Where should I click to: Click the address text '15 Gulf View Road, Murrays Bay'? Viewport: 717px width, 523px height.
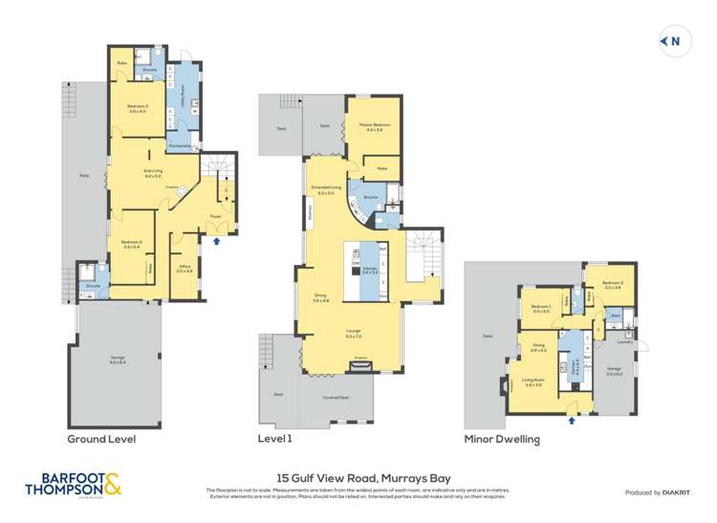[x=358, y=477]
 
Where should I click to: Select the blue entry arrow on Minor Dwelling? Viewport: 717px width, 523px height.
[x=572, y=418]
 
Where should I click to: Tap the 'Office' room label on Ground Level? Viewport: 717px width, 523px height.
[x=185, y=269]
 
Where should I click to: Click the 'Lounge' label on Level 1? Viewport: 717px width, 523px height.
[x=354, y=332]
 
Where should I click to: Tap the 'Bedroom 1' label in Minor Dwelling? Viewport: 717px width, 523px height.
[x=541, y=307]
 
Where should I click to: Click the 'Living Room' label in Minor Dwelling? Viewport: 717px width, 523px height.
[x=533, y=381]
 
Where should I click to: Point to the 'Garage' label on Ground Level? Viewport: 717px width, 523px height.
[x=118, y=360]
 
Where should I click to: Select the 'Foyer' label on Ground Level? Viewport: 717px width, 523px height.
[x=216, y=215]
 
